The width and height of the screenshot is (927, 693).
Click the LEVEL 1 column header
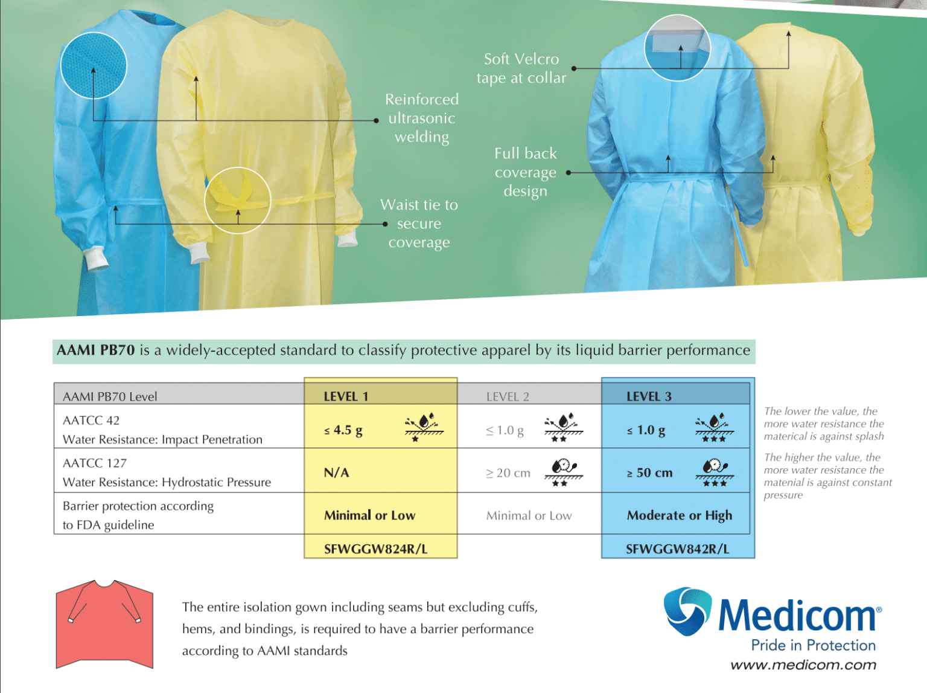point(346,396)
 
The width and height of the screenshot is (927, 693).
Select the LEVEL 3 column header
point(649,396)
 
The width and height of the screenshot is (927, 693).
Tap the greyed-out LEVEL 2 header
point(508,396)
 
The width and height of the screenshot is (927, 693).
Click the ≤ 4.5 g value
point(343,430)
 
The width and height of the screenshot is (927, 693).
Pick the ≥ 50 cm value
point(649,472)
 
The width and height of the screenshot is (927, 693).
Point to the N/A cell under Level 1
point(336,472)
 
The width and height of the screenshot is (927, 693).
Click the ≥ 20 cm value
point(508,473)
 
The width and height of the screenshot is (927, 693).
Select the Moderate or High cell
point(680,515)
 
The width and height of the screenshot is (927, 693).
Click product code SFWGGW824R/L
point(375,549)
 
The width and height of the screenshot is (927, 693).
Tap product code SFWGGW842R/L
point(677,549)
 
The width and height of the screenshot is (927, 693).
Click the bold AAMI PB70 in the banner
point(95,350)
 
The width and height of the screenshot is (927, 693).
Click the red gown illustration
point(104,624)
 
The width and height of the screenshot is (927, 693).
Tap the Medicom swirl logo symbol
point(687,611)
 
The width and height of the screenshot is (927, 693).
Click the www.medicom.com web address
point(803,665)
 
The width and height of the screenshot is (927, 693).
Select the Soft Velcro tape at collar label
point(521,68)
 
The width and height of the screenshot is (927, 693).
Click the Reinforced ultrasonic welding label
point(421,118)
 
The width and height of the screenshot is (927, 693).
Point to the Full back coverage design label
point(526,172)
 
